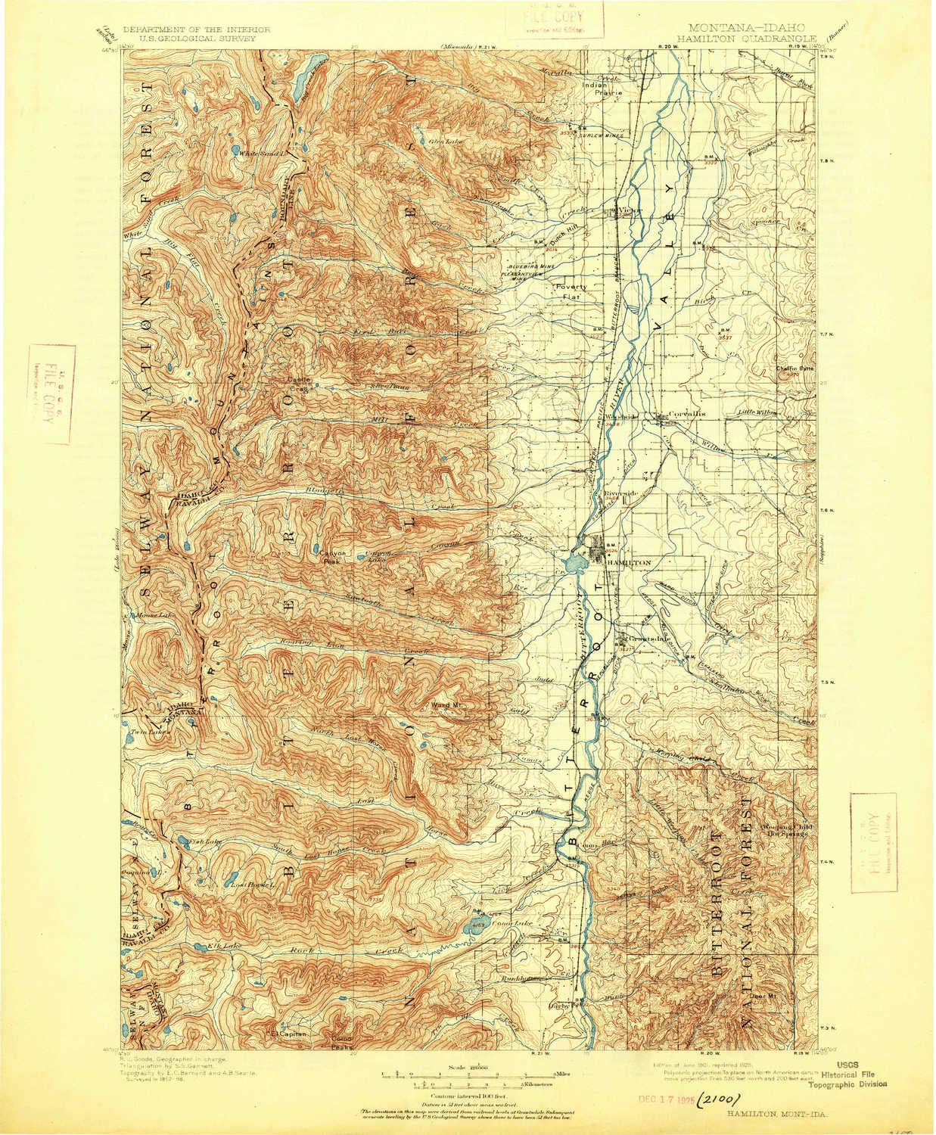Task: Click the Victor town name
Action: pos(630,210)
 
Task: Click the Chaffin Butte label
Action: pos(794,368)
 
